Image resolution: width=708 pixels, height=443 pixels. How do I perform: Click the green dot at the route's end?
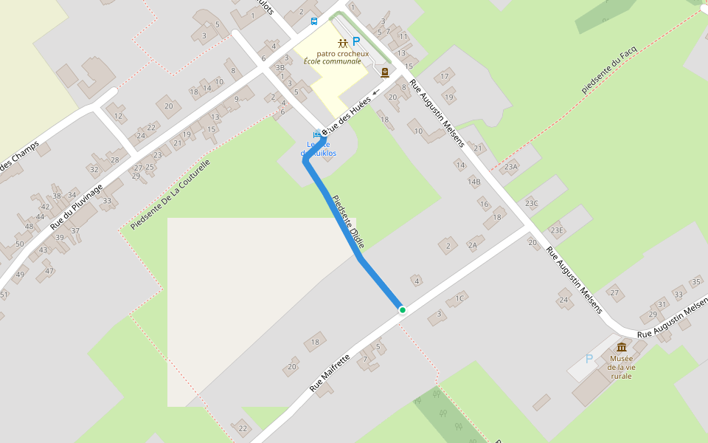pos(402,310)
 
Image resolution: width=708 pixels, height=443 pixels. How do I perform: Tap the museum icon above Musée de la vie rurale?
pos(622,347)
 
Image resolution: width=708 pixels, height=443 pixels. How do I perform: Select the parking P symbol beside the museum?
pos(589,359)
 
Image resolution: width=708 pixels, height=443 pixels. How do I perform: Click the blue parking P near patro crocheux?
pos(355,42)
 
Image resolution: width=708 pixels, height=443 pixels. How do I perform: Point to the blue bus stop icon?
pos(314,21)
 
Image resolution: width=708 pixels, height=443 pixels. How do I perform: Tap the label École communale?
pos(333,61)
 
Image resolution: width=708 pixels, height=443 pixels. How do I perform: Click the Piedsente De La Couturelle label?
pos(170,194)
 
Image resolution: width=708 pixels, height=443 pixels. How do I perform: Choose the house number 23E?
pos(556,230)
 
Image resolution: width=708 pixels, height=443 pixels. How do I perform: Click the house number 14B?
pos(473,182)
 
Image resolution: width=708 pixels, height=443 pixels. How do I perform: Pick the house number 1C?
pos(459,298)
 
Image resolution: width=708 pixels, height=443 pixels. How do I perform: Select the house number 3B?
pos(280,68)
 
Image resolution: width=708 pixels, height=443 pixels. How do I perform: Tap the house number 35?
pos(695,282)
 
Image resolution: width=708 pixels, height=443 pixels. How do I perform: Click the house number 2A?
pos(472,245)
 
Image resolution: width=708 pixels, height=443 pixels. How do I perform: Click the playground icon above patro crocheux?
pos(342,44)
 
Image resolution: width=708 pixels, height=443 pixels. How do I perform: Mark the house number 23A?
pos(511,167)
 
